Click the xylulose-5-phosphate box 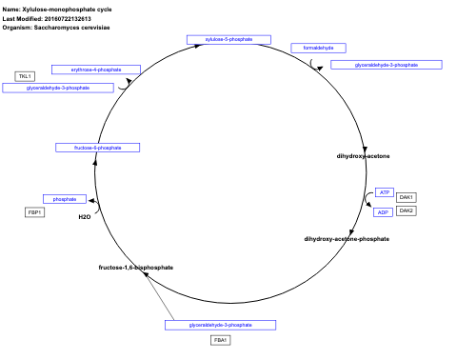coord(221,39)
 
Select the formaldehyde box coord(318,48)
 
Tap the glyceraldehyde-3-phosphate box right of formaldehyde coord(386,65)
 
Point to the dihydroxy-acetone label coord(363,155)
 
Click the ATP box coord(385,192)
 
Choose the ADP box coord(385,211)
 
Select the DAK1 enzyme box coord(407,196)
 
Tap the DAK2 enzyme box coord(407,210)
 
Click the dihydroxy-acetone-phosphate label coord(347,238)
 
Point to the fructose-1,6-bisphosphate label coord(136,268)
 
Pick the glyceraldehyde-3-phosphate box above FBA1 coord(220,325)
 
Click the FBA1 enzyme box coord(220,339)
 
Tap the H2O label coord(84,217)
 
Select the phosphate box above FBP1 coord(65,198)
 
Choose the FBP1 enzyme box coord(35,211)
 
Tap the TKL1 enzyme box coord(25,75)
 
